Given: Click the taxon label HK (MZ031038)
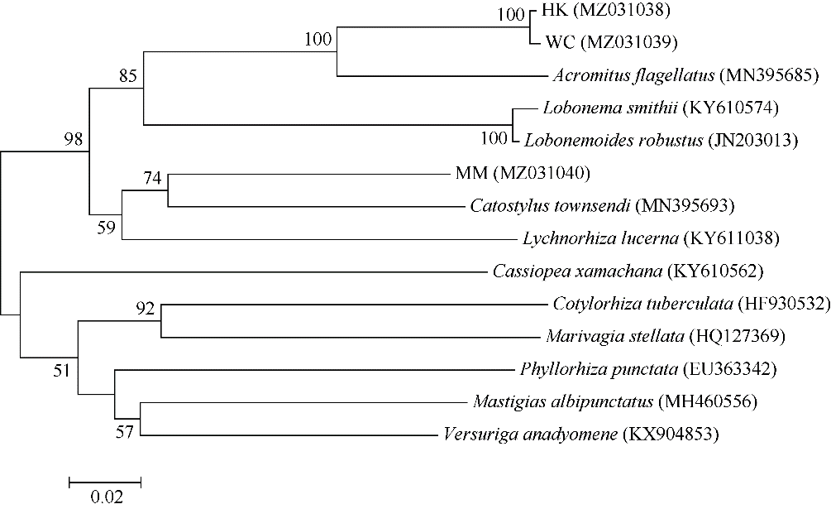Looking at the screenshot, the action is (x=606, y=10).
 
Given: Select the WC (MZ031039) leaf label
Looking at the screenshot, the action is (x=611, y=42).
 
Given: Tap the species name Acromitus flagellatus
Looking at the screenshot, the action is (x=634, y=75).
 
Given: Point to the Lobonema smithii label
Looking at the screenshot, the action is (x=610, y=108).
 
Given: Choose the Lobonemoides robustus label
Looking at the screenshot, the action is (x=614, y=141).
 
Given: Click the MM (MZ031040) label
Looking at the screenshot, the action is (x=523, y=173).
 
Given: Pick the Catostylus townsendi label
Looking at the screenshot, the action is (x=550, y=206).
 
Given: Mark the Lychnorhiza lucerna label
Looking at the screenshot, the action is (x=600, y=238).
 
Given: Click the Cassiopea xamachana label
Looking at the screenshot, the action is (x=577, y=271).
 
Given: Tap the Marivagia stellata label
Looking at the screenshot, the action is (x=614, y=336).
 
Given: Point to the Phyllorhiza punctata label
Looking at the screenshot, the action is (x=599, y=369).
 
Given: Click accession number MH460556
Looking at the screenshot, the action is (x=708, y=402).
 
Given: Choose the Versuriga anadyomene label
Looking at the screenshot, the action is (x=531, y=435).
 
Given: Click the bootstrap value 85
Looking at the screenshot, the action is (x=127, y=76).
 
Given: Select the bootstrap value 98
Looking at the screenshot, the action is (x=74, y=139).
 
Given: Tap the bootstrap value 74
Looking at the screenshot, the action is (x=152, y=178).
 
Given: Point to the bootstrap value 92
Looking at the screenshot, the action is (x=145, y=308).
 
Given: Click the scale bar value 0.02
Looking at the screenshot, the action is (x=107, y=497).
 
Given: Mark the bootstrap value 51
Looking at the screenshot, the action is (x=61, y=370).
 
